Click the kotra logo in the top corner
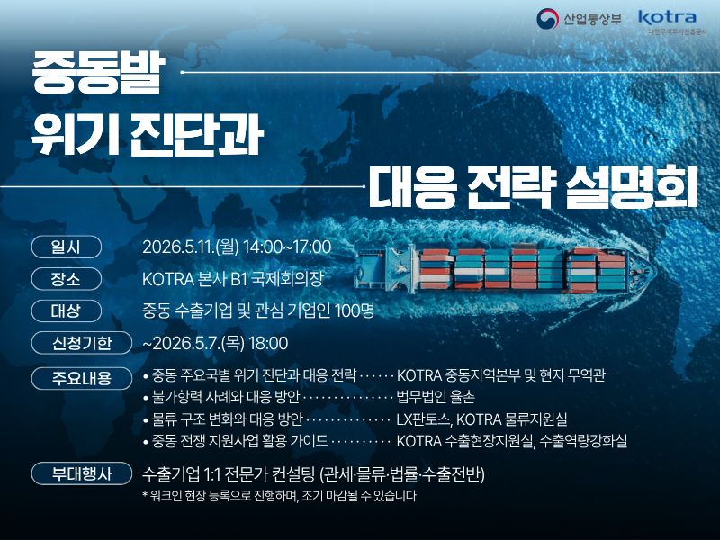[x=667, y=18]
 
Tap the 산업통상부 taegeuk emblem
[x=547, y=19]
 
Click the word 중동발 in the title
[x=98, y=73]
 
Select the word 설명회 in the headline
[x=632, y=186]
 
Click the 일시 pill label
[x=66, y=247]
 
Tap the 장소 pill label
[x=66, y=279]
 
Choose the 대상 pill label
[x=66, y=310]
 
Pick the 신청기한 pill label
[x=82, y=343]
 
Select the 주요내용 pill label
[x=82, y=378]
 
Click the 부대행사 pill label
[x=82, y=473]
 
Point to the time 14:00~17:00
[x=287, y=247]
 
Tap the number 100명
[x=355, y=310]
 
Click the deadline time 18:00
[x=268, y=343]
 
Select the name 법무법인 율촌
[x=436, y=397]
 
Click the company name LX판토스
[x=423, y=418]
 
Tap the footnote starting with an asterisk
[x=280, y=496]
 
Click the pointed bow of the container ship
[x=651, y=271]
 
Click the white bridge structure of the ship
[x=400, y=269]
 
